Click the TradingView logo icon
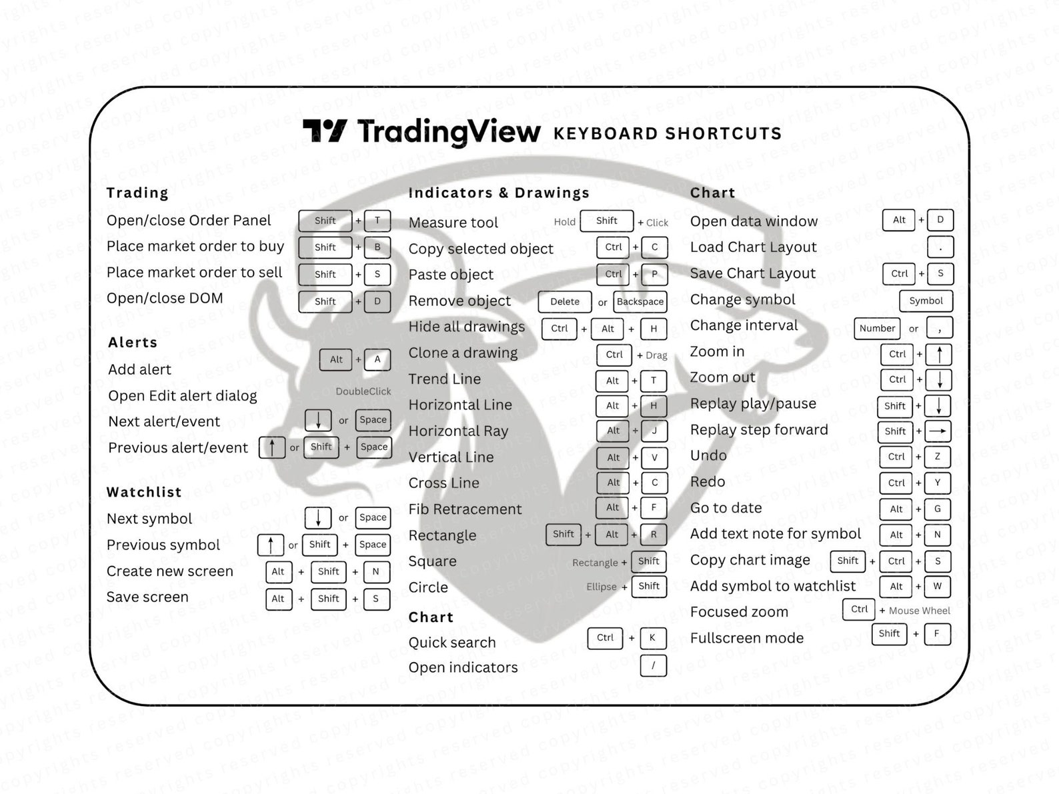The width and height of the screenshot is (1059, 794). click(325, 131)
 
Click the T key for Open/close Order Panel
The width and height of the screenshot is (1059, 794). click(377, 221)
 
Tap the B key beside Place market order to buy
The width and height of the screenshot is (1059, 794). click(377, 247)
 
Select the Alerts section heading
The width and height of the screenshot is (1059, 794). click(133, 343)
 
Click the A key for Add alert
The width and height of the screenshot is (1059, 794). click(377, 359)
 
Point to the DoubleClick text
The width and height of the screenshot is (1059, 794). click(363, 391)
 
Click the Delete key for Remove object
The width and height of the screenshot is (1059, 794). click(564, 301)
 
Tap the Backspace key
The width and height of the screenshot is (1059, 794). click(640, 301)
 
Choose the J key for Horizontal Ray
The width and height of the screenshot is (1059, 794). click(654, 431)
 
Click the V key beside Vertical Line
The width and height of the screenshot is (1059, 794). click(654, 457)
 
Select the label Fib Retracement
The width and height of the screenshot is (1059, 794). click(465, 509)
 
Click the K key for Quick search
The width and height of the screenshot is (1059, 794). click(652, 638)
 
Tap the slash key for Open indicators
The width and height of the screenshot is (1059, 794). click(653, 665)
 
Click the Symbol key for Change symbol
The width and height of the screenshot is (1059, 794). click(926, 301)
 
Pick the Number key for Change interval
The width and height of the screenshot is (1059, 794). click(877, 328)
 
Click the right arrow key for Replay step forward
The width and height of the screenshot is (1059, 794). click(938, 431)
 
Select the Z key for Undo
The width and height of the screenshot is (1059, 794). click(937, 457)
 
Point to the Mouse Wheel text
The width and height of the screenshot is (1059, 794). click(919, 611)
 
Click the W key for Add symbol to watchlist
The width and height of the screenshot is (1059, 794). click(937, 587)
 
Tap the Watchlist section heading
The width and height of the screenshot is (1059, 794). click(144, 492)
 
